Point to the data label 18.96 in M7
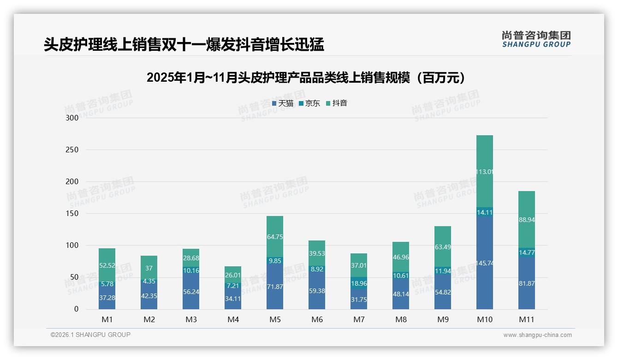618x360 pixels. (359, 283)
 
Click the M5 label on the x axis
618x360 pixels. (275, 319)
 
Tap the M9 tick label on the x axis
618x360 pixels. (443, 319)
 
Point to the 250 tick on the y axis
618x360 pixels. (72, 150)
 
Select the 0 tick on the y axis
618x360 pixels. (76, 309)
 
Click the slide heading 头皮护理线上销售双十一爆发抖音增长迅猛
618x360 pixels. (184, 45)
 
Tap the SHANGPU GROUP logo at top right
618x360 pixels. (536, 39)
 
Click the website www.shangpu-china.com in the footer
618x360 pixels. (537, 335)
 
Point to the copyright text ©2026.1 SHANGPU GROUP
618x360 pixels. (90, 335)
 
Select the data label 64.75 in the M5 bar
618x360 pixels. (275, 237)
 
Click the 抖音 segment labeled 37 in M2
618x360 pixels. (149, 268)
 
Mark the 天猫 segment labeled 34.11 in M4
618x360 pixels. (233, 298)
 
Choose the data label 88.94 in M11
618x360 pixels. (526, 220)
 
